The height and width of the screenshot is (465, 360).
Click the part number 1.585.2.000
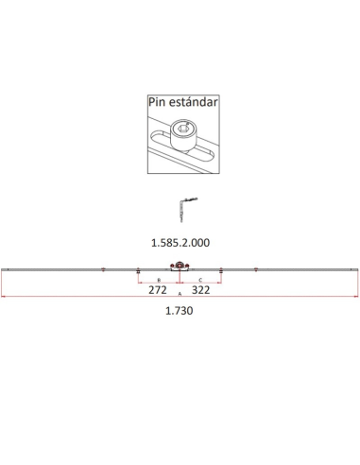(x=180, y=242)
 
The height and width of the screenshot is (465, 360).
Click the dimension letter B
(x=159, y=281)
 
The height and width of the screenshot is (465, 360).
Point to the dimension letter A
(x=180, y=296)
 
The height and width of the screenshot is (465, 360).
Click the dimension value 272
(x=159, y=292)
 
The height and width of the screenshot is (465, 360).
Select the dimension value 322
(x=200, y=292)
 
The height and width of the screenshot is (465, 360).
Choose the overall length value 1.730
(x=180, y=311)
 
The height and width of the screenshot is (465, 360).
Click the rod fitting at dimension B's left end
(x=138, y=272)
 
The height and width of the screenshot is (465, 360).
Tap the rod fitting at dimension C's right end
(x=221, y=272)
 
